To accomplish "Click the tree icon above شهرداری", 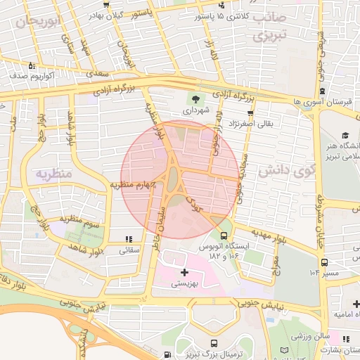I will (x=195, y=98).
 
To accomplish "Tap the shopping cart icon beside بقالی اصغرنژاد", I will (x=250, y=112).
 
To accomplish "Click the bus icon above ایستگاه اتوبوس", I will (x=224, y=236).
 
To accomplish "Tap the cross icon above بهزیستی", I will (x=185, y=271).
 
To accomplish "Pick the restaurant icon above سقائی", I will (x=128, y=239).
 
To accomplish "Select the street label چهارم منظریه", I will (x=131, y=184).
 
